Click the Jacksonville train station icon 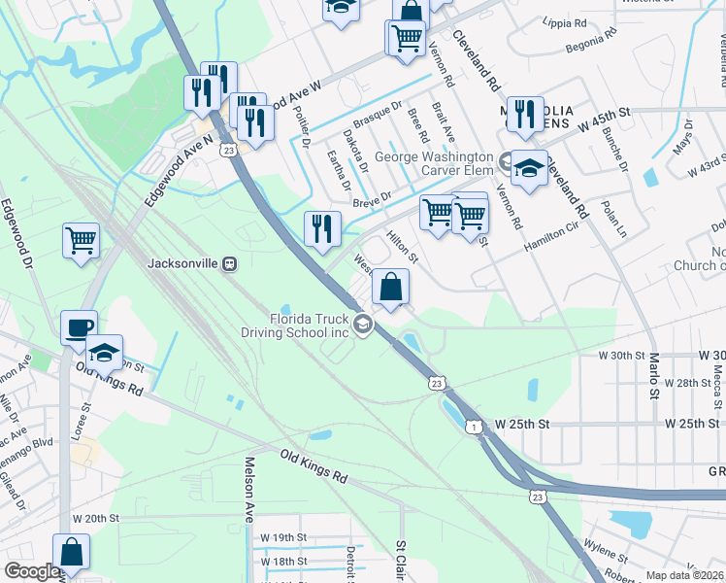pyautogui.click(x=231, y=263)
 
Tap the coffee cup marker pyautogui.click(x=78, y=327)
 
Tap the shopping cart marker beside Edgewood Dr pyautogui.click(x=81, y=239)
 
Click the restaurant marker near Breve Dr pyautogui.click(x=322, y=229)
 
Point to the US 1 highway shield pyautogui.click(x=473, y=427)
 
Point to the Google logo pyautogui.click(x=31, y=571)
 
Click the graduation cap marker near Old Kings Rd pyautogui.click(x=104, y=353)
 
